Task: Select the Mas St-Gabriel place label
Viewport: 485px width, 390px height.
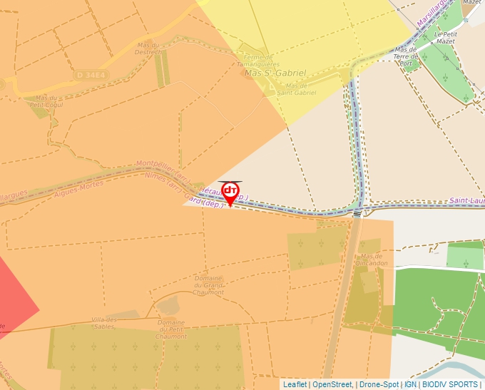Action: [275, 73]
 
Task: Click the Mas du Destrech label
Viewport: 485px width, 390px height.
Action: [148, 48]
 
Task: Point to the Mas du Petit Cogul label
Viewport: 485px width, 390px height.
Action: [48, 101]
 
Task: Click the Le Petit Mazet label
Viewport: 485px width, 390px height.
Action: [445, 38]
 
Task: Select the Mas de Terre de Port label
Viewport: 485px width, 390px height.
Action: [407, 57]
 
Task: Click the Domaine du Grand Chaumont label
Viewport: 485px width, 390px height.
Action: [208, 285]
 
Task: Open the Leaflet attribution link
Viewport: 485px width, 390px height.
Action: [295, 384]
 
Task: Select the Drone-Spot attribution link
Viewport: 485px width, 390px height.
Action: [379, 384]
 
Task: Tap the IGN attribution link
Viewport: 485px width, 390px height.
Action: [411, 384]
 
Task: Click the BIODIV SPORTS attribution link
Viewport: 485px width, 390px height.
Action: [450, 384]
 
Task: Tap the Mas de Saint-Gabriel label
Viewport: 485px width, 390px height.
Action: [296, 89]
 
